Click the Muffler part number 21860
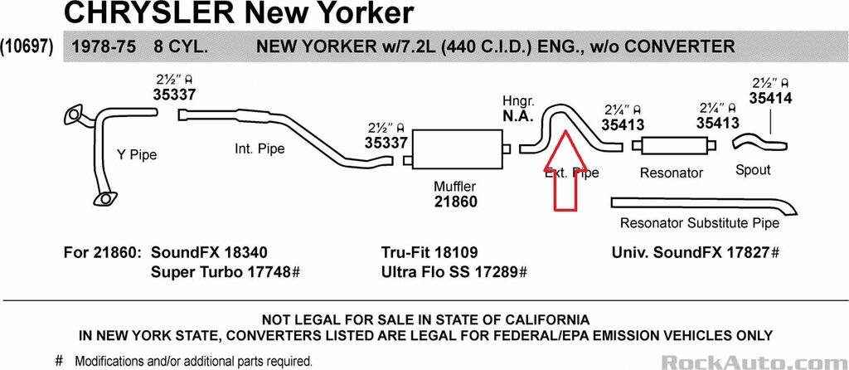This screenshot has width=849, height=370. tap(455, 202)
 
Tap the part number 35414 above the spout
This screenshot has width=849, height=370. tap(771, 99)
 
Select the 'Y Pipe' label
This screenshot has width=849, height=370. tap(137, 154)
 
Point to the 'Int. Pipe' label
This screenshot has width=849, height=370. tap(260, 149)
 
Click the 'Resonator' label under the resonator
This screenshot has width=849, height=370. tap(671, 173)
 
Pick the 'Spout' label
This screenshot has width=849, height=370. tap(753, 170)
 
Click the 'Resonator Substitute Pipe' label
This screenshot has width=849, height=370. tap(699, 223)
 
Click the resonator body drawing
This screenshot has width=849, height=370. tap(672, 145)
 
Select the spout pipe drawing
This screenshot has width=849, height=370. tap(759, 142)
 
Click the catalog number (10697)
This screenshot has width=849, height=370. tap(27, 46)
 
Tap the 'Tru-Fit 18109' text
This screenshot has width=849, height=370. tap(429, 252)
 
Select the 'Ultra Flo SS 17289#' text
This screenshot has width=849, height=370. tap(454, 272)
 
